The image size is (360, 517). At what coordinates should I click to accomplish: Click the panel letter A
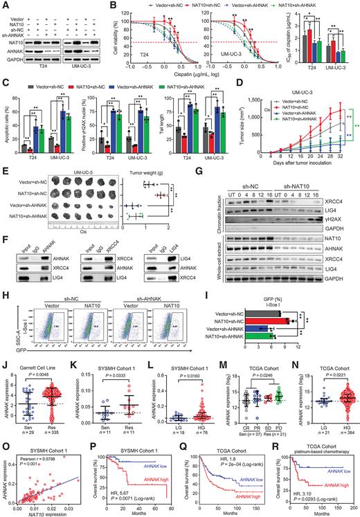click(4, 5)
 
